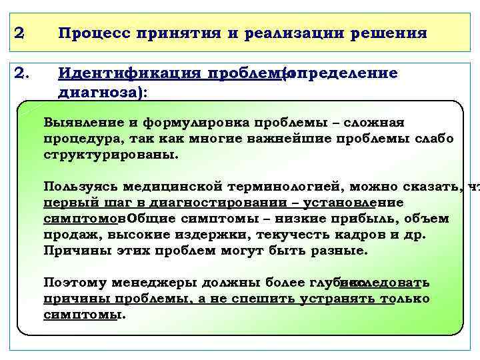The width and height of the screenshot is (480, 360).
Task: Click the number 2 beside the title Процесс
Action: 20,33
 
